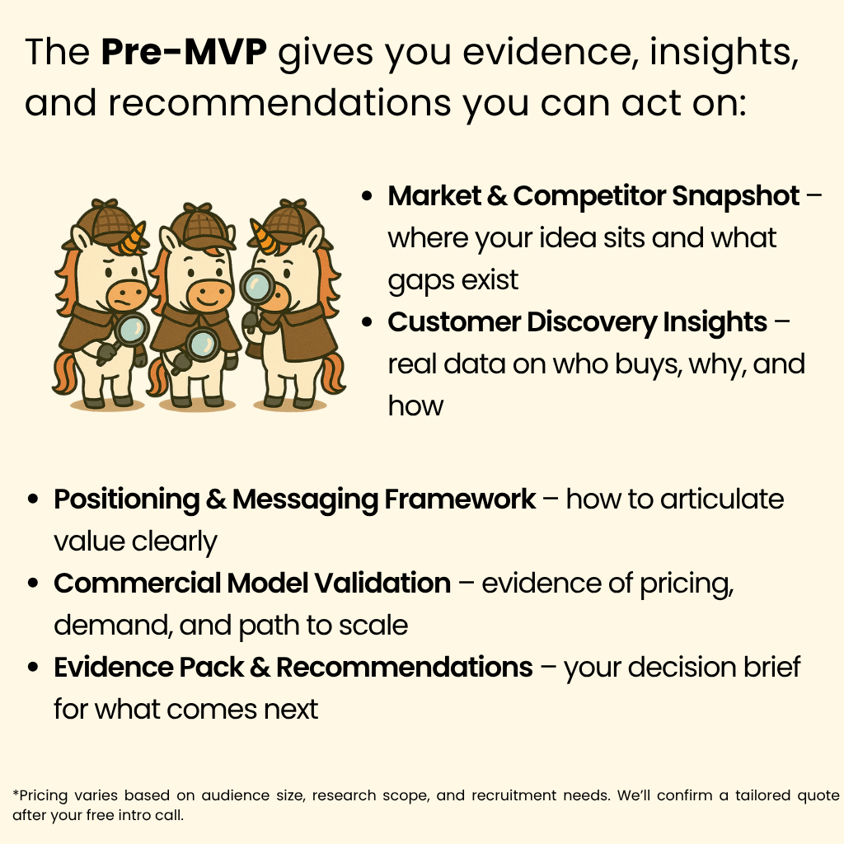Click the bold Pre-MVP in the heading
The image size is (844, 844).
click(184, 52)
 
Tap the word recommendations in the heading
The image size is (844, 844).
click(279, 103)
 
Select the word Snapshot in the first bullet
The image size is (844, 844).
click(736, 196)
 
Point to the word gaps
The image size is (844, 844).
click(419, 281)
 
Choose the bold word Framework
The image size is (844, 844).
click(460, 499)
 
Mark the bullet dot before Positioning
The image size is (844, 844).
click(33, 499)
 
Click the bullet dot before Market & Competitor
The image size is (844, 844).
click(367, 196)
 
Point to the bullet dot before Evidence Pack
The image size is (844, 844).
click(33, 668)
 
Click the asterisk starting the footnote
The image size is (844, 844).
click(16, 793)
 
